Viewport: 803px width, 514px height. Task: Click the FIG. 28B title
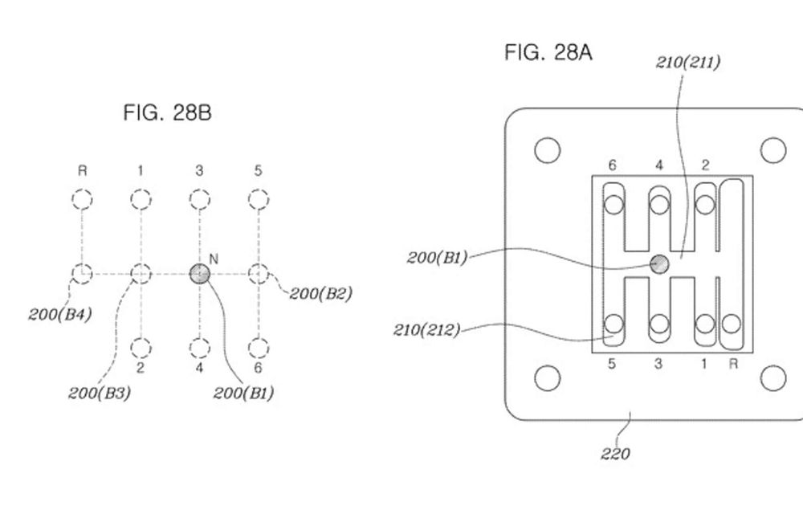pyautogui.click(x=168, y=112)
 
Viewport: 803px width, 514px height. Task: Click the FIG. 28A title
pyautogui.click(x=548, y=52)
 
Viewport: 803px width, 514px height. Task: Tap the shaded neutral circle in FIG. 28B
pyautogui.click(x=200, y=274)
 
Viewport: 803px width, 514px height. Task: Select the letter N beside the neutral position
pyautogui.click(x=214, y=259)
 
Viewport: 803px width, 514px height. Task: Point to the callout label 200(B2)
pyautogui.click(x=321, y=294)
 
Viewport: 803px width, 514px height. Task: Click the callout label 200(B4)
pyautogui.click(x=60, y=314)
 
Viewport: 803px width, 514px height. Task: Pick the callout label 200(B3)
pyautogui.click(x=100, y=394)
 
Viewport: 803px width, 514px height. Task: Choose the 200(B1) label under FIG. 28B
pyautogui.click(x=244, y=394)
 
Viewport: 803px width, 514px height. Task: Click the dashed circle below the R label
pyautogui.click(x=82, y=199)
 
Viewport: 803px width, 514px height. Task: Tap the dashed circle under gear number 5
pyautogui.click(x=259, y=199)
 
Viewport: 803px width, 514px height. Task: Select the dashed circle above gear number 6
pyautogui.click(x=259, y=348)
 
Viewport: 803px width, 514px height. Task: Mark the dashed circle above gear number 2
pyautogui.click(x=141, y=348)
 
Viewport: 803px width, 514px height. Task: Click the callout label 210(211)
pyautogui.click(x=688, y=62)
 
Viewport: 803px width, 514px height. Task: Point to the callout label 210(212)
pyautogui.click(x=427, y=330)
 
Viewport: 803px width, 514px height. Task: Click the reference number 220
pyautogui.click(x=616, y=454)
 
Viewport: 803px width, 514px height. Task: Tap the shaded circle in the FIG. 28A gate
pyautogui.click(x=659, y=264)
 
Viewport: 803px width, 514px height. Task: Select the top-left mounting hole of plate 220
pyautogui.click(x=548, y=150)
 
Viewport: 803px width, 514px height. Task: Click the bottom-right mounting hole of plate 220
pyautogui.click(x=773, y=378)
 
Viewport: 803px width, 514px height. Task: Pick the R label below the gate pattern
pyautogui.click(x=733, y=364)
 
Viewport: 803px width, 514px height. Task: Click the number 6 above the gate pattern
pyautogui.click(x=613, y=165)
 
